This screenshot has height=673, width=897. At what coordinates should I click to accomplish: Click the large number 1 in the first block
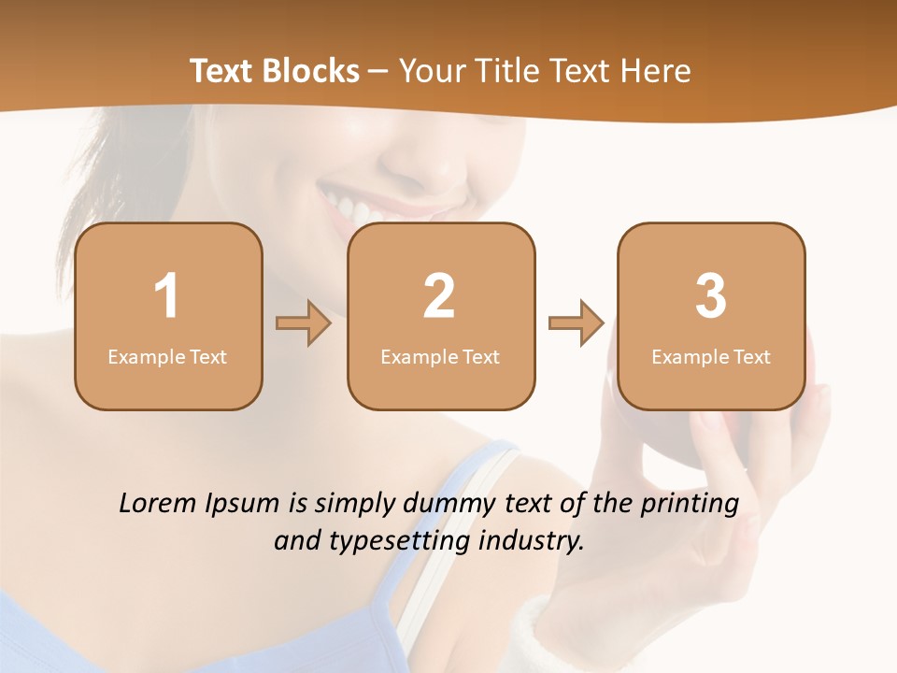[167, 296]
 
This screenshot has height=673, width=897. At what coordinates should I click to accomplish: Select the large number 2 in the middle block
[440, 296]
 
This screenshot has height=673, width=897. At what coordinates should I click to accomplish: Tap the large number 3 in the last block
[711, 296]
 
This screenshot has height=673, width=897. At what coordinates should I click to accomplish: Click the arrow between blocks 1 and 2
[304, 323]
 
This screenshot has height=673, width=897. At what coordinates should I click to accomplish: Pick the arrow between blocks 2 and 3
[576, 323]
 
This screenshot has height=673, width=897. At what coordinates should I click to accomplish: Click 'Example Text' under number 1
[167, 356]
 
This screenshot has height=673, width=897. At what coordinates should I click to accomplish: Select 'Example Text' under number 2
[440, 356]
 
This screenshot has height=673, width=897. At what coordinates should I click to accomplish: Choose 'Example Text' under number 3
[711, 356]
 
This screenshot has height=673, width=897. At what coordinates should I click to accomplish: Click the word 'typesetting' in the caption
[402, 541]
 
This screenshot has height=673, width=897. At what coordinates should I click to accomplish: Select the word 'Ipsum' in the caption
[243, 505]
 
